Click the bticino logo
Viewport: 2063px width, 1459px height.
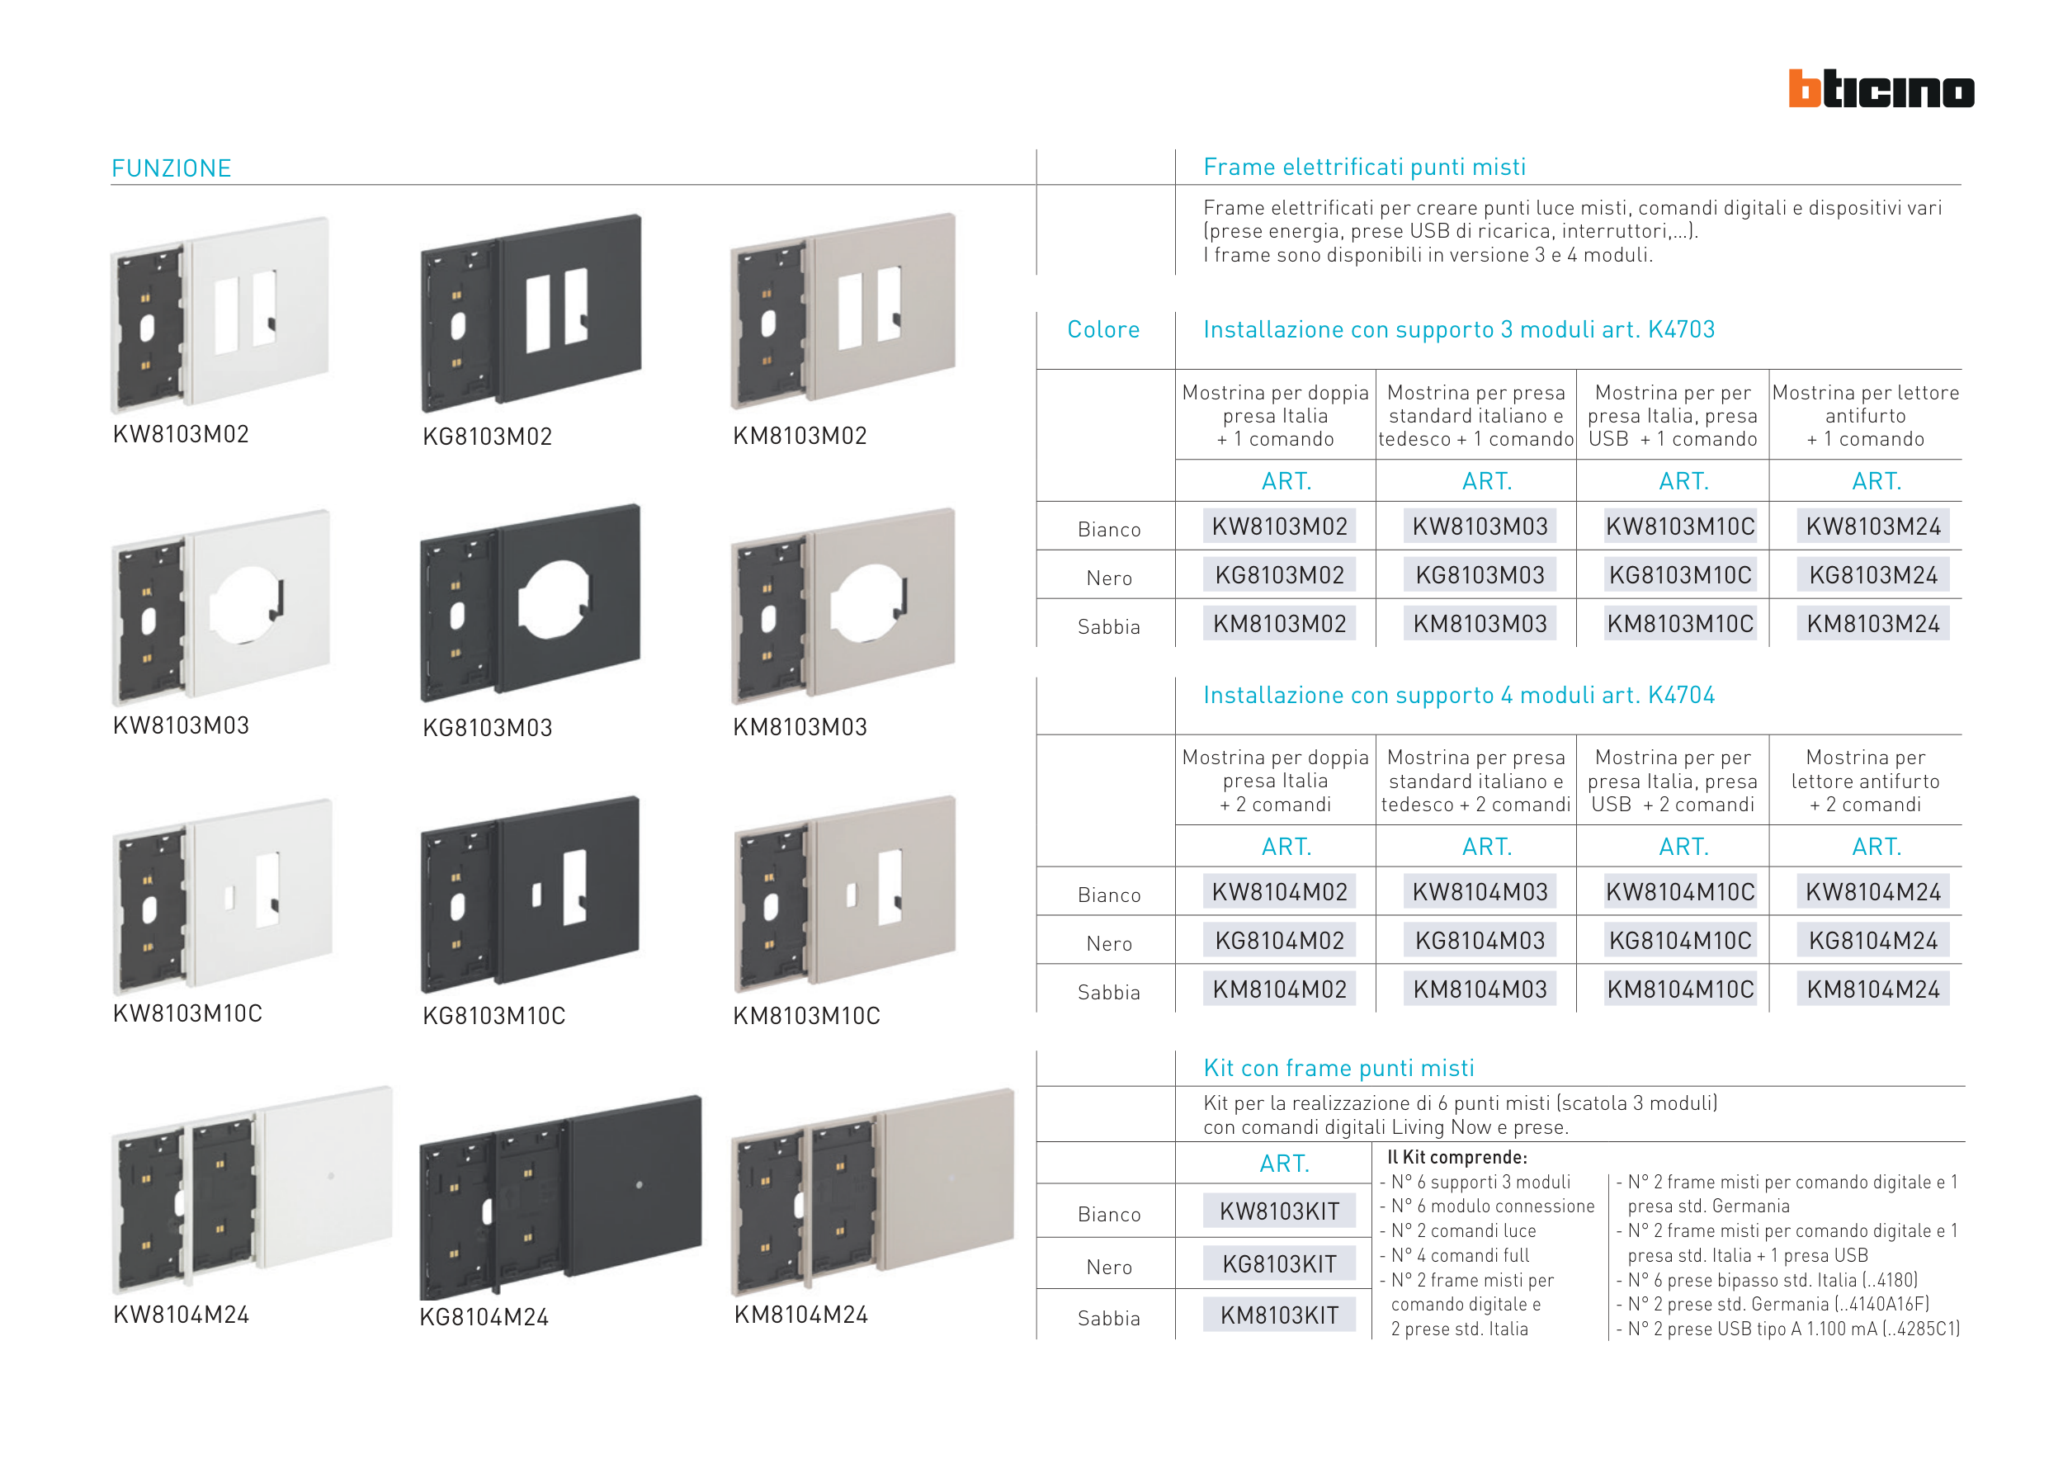[1881, 88]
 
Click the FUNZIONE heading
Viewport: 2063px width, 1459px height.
[172, 168]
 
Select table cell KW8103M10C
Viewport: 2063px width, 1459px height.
[1680, 526]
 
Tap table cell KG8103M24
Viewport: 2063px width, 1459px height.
[1873, 575]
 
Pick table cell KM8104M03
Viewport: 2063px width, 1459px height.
[1480, 989]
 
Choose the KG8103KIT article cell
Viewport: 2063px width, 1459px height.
[1280, 1264]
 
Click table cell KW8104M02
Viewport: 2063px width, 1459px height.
[1280, 891]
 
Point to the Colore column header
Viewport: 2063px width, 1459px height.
[1103, 330]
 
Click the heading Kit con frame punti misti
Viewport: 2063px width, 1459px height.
[1338, 1067]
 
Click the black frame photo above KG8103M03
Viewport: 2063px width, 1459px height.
[530, 602]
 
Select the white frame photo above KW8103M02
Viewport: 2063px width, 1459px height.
[220, 314]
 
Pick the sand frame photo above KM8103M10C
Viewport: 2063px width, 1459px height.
[843, 894]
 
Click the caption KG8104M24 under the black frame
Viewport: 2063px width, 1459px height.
[484, 1317]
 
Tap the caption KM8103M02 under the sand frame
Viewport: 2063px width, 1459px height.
[800, 436]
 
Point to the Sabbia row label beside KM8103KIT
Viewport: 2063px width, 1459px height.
[1109, 1318]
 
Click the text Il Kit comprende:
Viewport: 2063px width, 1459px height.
[1456, 1157]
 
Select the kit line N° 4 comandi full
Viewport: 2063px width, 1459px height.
[1459, 1255]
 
